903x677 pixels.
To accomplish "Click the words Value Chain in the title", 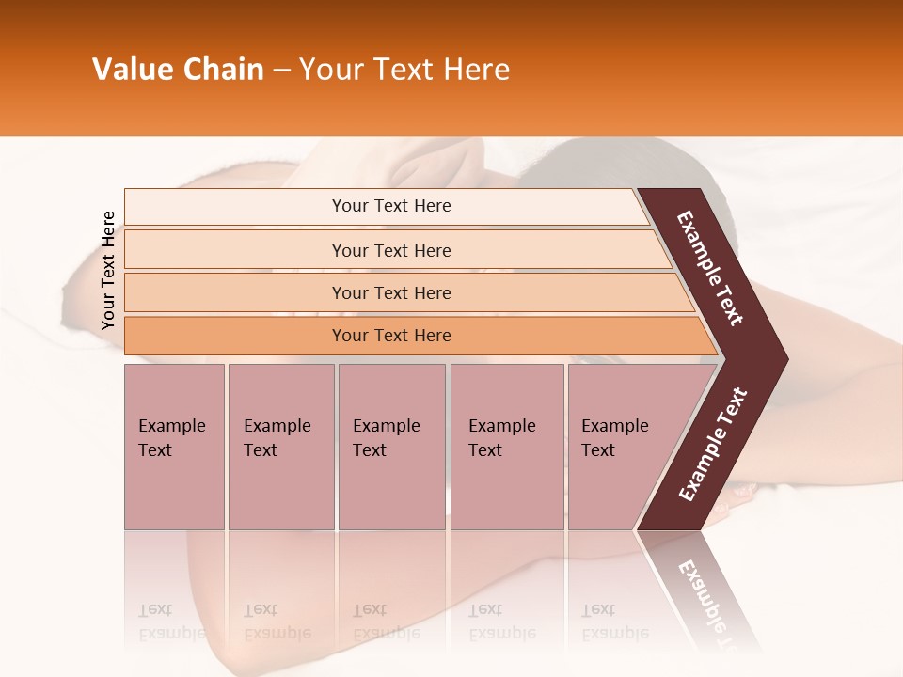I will (178, 70).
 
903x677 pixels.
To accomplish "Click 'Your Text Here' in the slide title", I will (404, 70).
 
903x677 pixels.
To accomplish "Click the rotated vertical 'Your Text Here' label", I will (108, 270).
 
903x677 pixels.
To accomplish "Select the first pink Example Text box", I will (174, 447).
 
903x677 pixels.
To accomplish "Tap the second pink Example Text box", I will (280, 447).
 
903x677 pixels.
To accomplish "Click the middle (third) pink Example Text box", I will (391, 447).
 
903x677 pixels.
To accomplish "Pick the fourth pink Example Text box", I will (506, 447).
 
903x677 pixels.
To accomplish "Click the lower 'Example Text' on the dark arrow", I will (713, 444).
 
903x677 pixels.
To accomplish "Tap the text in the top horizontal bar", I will (391, 206).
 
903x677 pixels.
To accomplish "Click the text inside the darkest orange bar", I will (391, 336).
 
